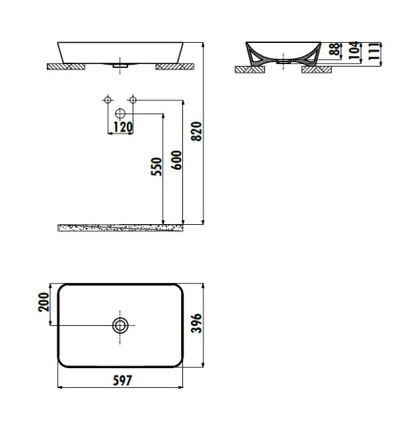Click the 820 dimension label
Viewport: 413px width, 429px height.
[196, 132]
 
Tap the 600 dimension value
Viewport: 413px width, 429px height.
[177, 160]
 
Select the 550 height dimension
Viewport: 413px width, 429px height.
[156, 167]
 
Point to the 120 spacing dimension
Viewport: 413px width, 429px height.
[123, 127]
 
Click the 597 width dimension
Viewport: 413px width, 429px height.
[122, 380]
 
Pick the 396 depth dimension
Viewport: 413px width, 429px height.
[196, 323]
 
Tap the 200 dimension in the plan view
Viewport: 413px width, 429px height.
[44, 302]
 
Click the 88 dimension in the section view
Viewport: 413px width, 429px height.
[335, 50]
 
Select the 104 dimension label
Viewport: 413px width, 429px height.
[354, 51]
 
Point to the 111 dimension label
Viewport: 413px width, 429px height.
[374, 51]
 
